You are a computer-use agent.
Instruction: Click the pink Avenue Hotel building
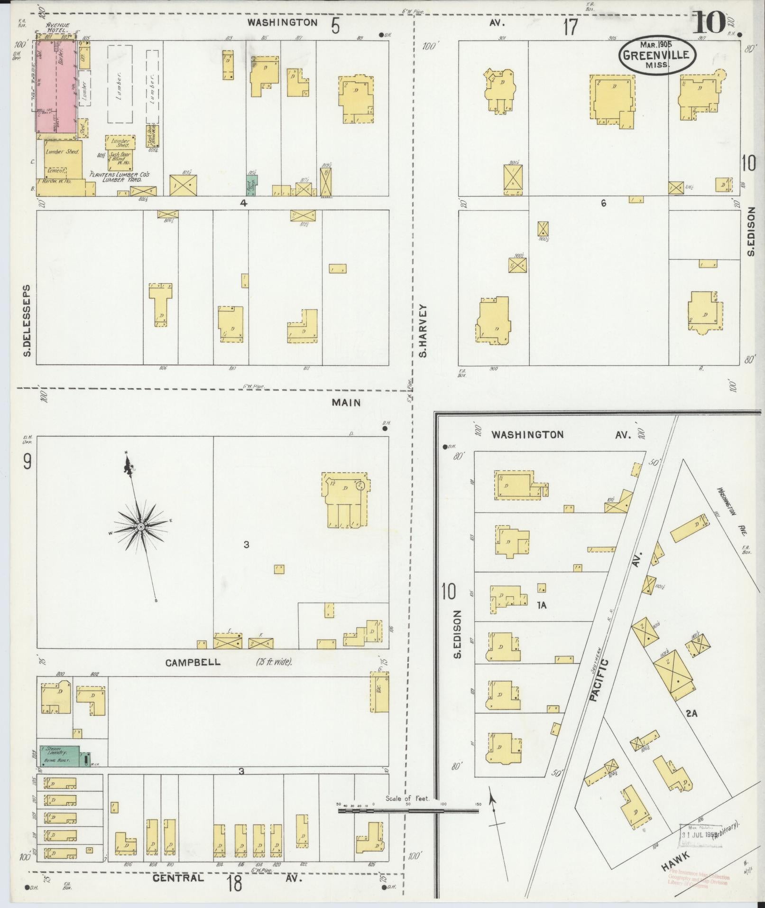coord(55,88)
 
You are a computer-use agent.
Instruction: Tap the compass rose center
coord(141,527)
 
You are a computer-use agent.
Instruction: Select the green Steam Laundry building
coord(59,756)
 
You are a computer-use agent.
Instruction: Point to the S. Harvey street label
coord(423,330)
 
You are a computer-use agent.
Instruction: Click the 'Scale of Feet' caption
coord(407,798)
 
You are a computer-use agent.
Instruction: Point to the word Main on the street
coord(346,403)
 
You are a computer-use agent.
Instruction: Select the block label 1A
coord(542,605)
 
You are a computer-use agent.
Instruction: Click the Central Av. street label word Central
coord(178,878)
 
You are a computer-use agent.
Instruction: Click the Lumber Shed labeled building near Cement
coord(62,152)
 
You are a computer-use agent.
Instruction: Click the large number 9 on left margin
coord(28,461)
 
